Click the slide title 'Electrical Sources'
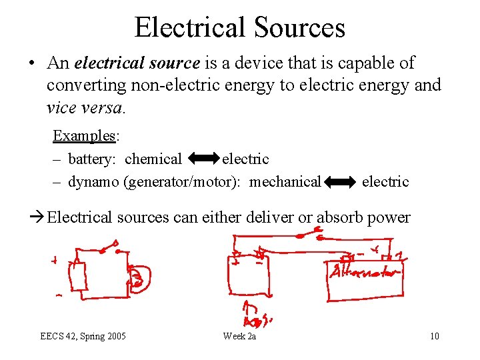click(239, 27)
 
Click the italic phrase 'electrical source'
click(137, 63)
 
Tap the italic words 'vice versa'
click(84, 107)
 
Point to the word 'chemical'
click(153, 159)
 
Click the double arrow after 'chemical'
click(203, 159)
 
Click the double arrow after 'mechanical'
click(341, 182)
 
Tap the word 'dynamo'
click(93, 182)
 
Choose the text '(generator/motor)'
click(183, 182)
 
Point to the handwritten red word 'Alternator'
click(364, 273)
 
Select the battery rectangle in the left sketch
click(79, 276)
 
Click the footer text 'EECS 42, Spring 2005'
click(83, 336)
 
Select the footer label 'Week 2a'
click(239, 336)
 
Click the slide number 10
click(434, 336)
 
